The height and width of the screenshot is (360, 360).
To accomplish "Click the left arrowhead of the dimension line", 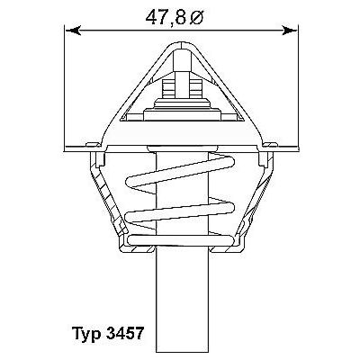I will coord(73,31).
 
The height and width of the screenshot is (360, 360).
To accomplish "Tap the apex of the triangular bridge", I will coord(181,43).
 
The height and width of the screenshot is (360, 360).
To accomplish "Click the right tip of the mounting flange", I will coord(292,144).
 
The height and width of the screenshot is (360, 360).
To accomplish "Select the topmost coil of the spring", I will coord(180,166).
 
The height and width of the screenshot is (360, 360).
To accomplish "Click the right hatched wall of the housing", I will coord(255,193).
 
